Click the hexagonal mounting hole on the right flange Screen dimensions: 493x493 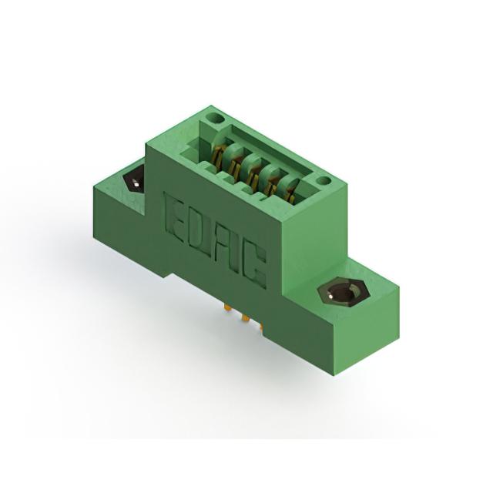341,293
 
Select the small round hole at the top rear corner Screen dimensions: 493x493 216,119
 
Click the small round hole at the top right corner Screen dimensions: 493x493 323,180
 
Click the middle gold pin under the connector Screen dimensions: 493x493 245,318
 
